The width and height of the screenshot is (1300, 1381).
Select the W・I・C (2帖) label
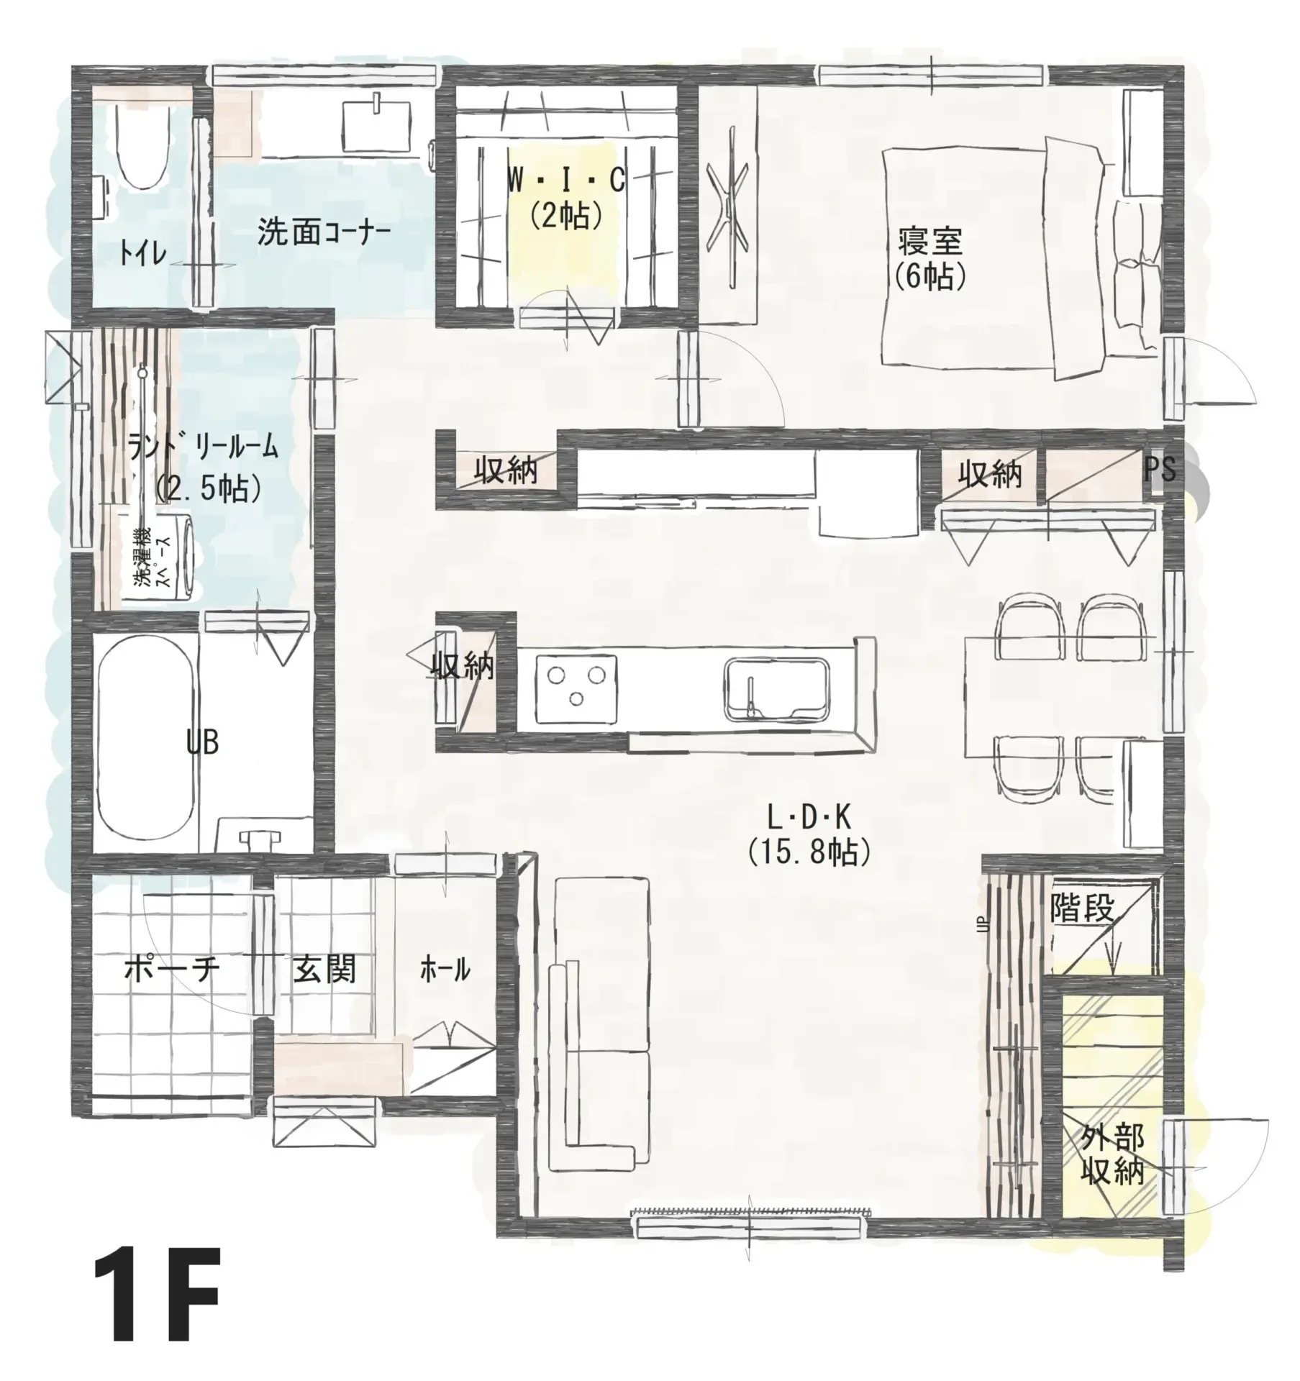pos(566,198)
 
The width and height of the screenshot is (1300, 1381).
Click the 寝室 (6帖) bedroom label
pos(930,259)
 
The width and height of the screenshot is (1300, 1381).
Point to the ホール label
pos(445,970)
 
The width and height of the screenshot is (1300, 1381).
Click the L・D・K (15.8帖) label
pos(809,835)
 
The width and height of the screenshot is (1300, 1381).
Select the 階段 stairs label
pos(1083,910)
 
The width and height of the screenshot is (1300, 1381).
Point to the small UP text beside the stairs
pos(980,925)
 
